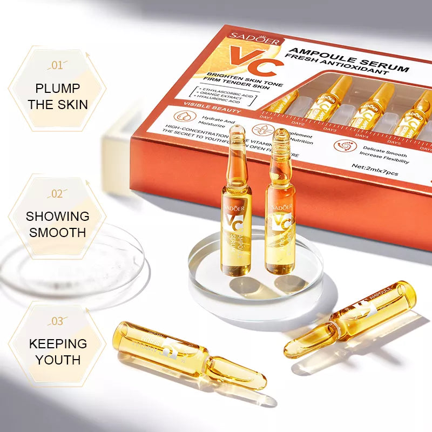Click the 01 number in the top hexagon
(57, 65)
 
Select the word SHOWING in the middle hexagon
(57, 216)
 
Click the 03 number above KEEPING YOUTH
(57, 321)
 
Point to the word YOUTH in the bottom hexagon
(57, 360)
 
